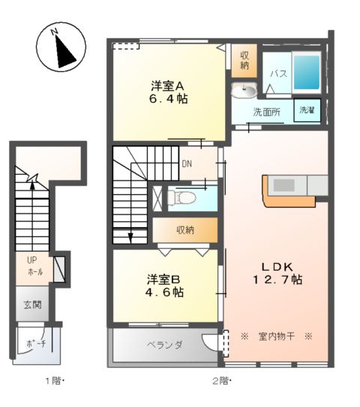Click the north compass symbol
(61, 47)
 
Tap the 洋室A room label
(167, 85)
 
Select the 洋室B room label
(163, 280)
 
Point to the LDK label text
(277, 267)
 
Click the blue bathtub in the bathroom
(307, 72)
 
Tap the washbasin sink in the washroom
(244, 91)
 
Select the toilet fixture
(181, 198)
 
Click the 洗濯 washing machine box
(307, 110)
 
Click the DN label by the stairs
(187, 164)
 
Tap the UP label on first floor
(32, 260)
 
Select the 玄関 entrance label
(32, 305)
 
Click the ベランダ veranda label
(165, 345)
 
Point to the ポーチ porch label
(36, 344)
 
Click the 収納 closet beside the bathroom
(244, 61)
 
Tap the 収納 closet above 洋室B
(185, 230)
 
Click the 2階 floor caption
(222, 381)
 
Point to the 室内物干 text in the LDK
(276, 337)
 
